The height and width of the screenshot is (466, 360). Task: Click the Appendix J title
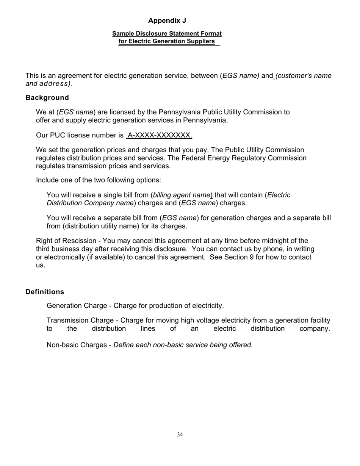167,20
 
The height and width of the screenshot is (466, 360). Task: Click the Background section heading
47,98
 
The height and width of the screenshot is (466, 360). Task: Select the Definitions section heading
45,292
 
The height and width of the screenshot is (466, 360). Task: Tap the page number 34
180,435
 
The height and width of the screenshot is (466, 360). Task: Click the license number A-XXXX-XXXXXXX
160,135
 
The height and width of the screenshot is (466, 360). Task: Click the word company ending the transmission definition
315,328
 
